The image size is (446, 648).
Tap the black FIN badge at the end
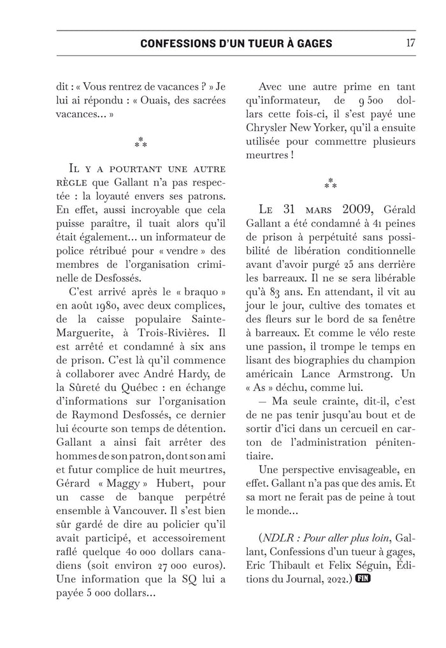[363, 579]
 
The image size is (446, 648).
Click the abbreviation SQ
[191, 581]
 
